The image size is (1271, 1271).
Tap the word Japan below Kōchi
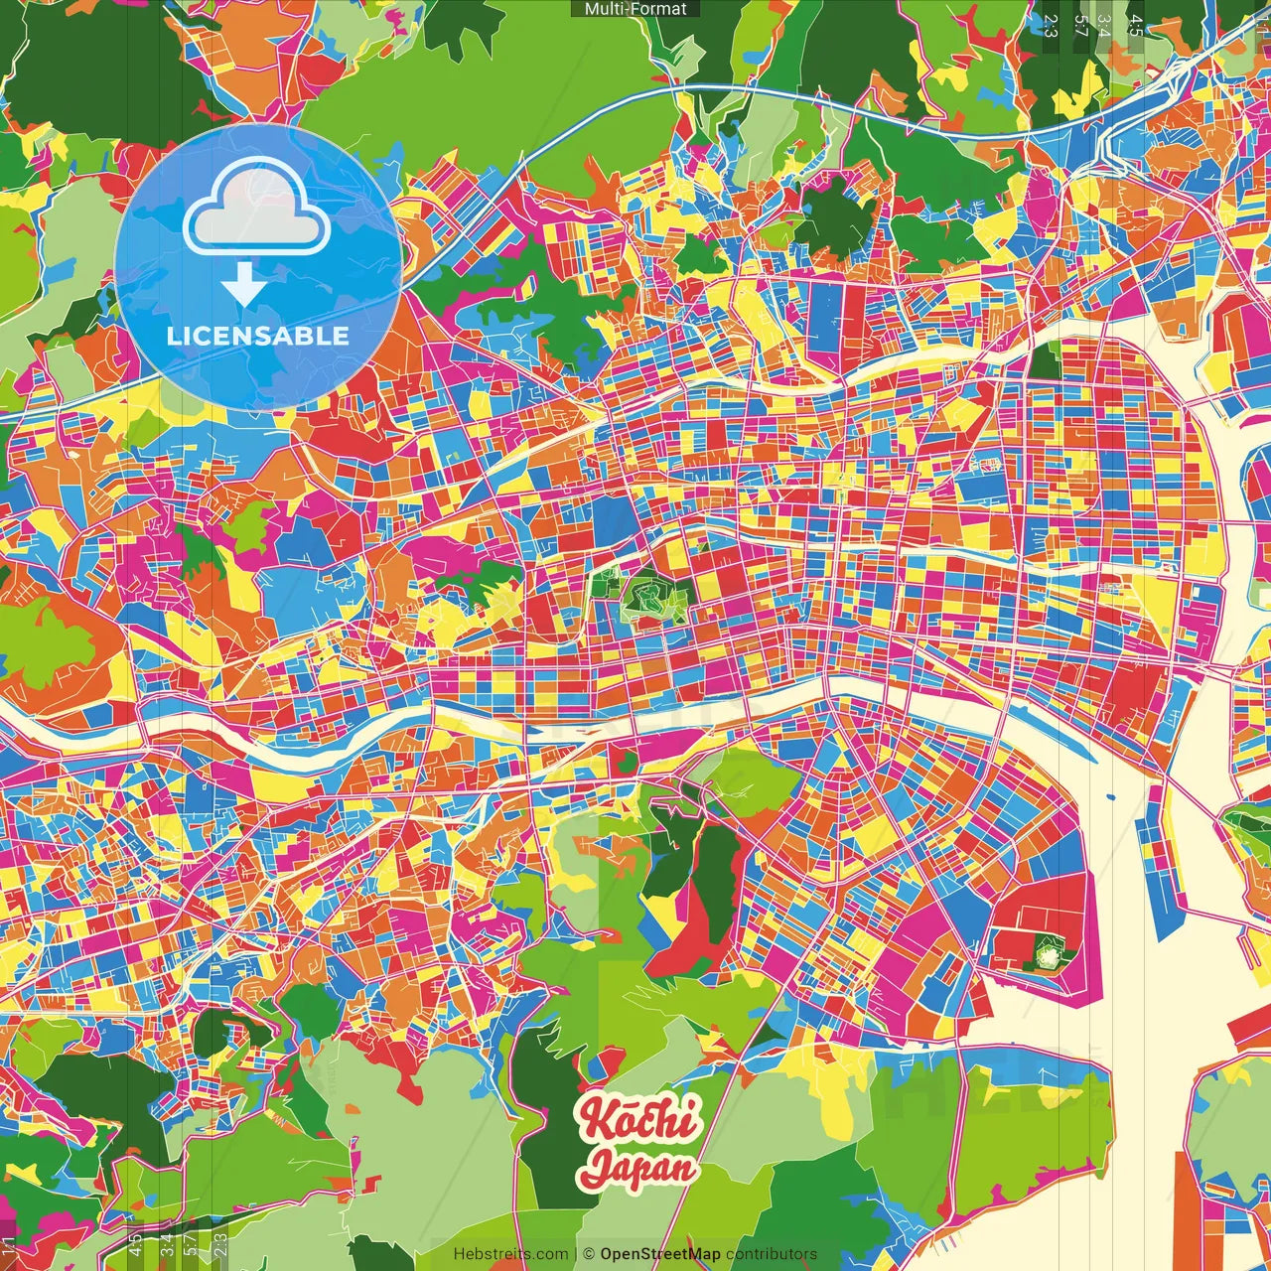click(640, 1168)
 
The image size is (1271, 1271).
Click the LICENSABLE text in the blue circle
click(258, 336)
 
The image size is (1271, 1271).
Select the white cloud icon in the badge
click(257, 207)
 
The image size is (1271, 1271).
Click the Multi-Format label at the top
click(635, 9)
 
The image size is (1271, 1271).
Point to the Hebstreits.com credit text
click(510, 1254)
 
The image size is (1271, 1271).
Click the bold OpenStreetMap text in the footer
click(660, 1254)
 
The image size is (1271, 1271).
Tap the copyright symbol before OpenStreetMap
click(589, 1254)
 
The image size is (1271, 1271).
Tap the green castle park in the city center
click(650, 598)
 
